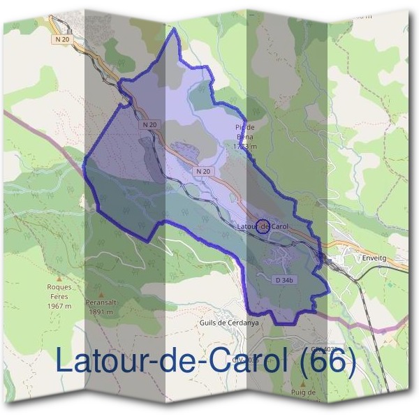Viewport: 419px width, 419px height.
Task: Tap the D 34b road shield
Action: (x=281, y=279)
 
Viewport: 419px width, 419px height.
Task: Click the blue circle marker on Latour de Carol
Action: (x=263, y=226)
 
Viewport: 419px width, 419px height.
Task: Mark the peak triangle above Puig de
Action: (x=303, y=383)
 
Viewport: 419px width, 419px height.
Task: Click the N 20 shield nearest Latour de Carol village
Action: (x=203, y=170)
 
